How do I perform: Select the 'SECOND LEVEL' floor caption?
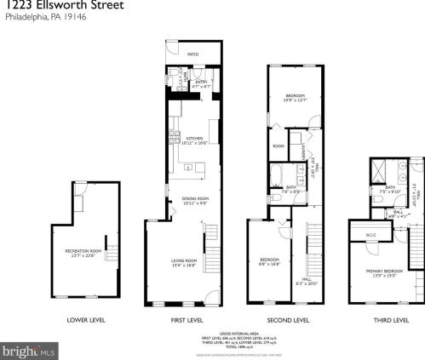288,320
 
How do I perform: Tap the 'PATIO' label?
193,54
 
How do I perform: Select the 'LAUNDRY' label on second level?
304,151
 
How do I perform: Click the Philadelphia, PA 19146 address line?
34,18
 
